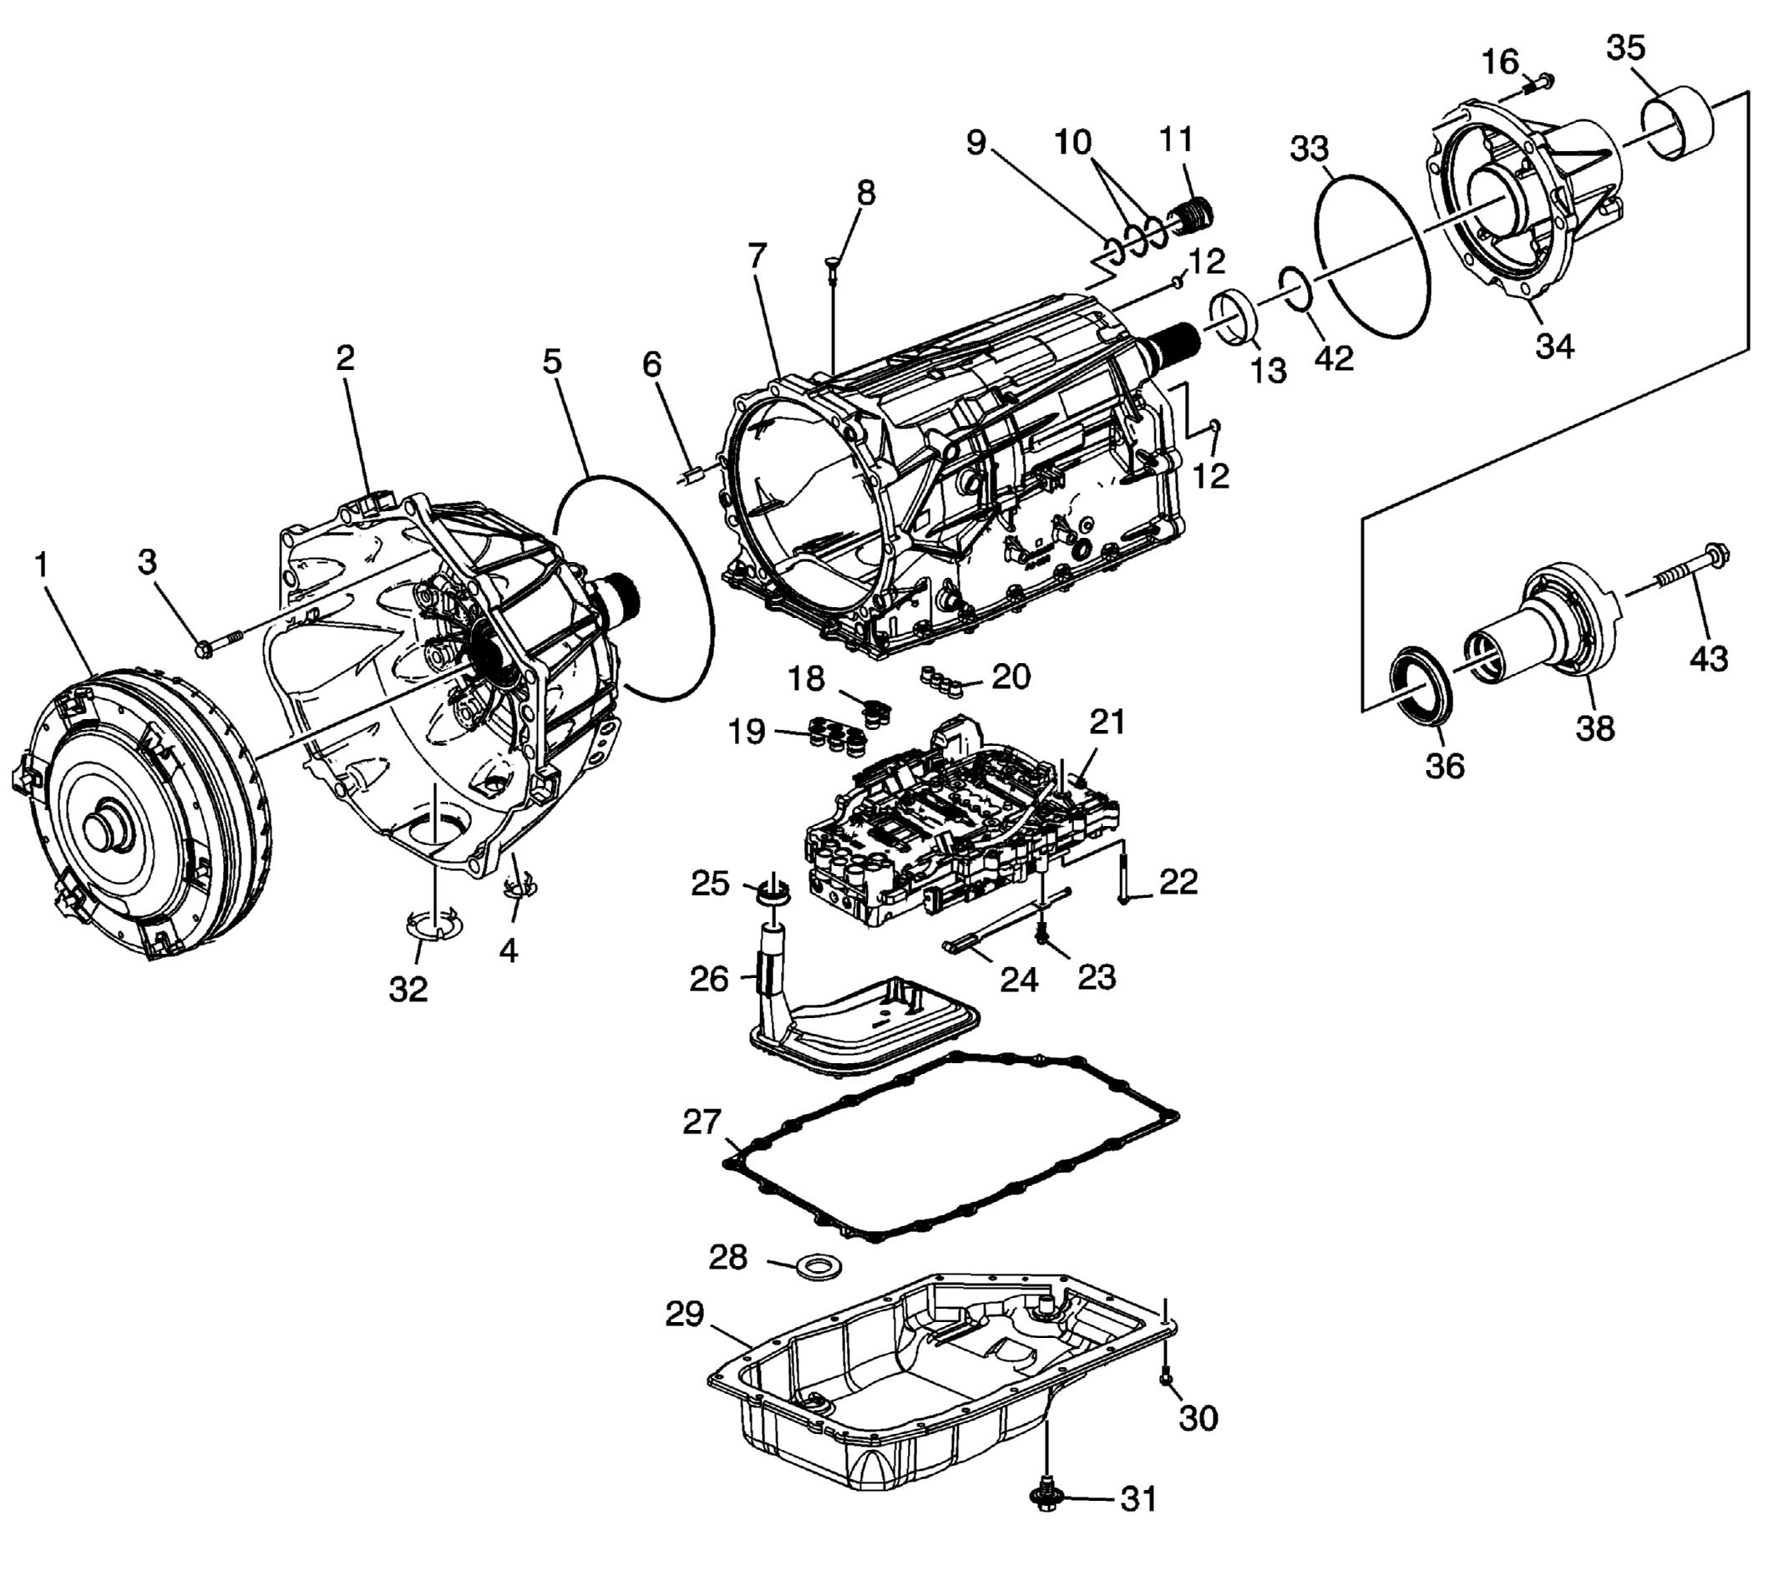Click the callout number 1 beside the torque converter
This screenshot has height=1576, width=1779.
pyautogui.click(x=42, y=566)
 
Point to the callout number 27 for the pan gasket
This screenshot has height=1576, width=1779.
pyautogui.click(x=702, y=1122)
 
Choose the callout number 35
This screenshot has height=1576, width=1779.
pyautogui.click(x=1626, y=48)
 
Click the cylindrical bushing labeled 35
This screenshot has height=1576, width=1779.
pyautogui.click(x=1676, y=124)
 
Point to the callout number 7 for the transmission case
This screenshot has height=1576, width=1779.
pyautogui.click(x=758, y=256)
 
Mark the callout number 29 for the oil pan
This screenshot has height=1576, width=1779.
pyautogui.click(x=685, y=1314)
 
